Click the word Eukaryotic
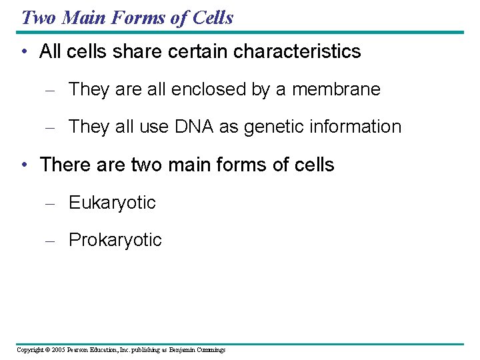(x=112, y=203)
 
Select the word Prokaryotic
(x=115, y=240)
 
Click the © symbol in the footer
(x=47, y=350)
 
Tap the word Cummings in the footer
(x=210, y=350)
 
